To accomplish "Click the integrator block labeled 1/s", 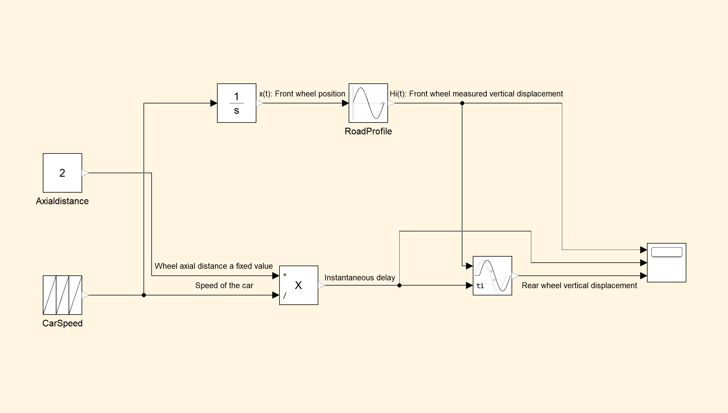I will [236, 103].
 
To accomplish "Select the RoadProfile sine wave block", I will [368, 103].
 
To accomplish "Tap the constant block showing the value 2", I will [62, 173].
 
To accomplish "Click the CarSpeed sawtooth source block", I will [62, 295].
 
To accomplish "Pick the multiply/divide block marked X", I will [299, 285].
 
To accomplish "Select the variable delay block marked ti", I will [492, 276].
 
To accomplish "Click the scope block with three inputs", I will [666, 263].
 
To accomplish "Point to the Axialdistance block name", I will [62, 201].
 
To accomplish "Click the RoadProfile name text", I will [368, 131].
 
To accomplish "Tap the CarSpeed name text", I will [62, 323].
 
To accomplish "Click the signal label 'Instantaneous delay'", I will [360, 277].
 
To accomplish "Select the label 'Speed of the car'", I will [224, 285].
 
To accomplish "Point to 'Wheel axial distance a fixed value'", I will [214, 266].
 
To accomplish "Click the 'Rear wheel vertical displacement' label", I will [579, 285].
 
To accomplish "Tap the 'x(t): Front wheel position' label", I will [302, 94].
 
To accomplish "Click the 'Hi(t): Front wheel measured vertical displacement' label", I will [476, 94].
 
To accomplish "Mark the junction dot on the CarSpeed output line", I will [144, 295].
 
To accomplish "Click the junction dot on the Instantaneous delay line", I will [399, 285].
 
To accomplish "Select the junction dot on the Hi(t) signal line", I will [462, 103].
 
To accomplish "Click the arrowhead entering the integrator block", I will [214, 103].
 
